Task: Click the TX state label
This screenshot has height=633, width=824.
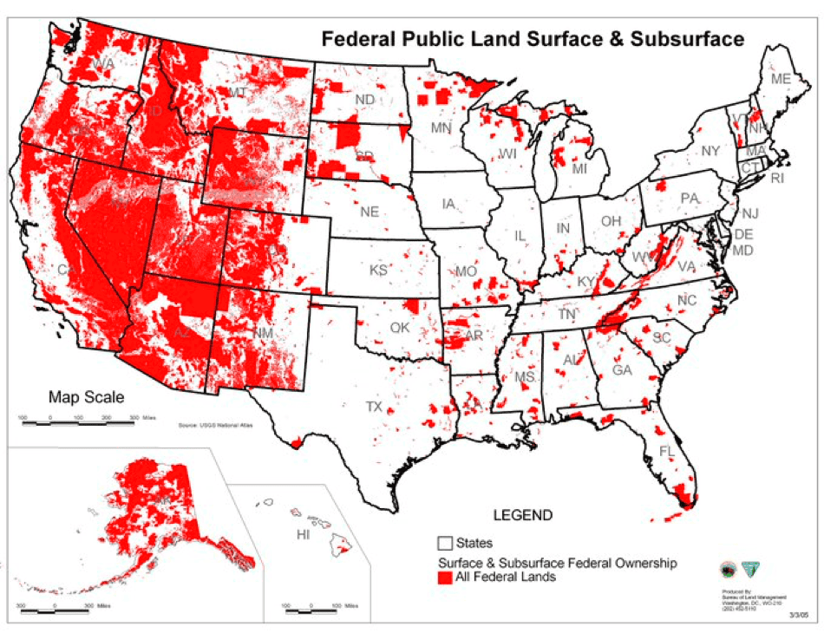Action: tap(374, 407)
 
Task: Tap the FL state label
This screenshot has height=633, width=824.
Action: tap(666, 452)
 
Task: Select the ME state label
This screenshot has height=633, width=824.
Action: tap(781, 79)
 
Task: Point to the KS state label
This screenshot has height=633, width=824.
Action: tap(378, 270)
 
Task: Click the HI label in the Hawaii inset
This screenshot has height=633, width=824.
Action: tap(303, 534)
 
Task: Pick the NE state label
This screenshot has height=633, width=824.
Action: tap(369, 211)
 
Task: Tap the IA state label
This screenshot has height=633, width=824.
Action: tap(448, 205)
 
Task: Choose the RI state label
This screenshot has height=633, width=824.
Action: tap(776, 179)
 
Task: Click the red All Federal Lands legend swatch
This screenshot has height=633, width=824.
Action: tap(445, 576)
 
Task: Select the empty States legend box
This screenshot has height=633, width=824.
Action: tap(445, 544)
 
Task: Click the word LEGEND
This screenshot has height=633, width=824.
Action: tap(522, 515)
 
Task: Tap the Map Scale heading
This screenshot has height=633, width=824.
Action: tap(86, 398)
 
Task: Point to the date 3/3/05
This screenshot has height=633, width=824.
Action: tap(797, 614)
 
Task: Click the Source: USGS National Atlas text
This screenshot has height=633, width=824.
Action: tap(213, 426)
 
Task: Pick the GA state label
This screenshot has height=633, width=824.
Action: tap(621, 369)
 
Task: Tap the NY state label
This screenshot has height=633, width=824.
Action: tap(710, 151)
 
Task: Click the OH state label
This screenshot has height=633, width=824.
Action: tap(611, 221)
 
